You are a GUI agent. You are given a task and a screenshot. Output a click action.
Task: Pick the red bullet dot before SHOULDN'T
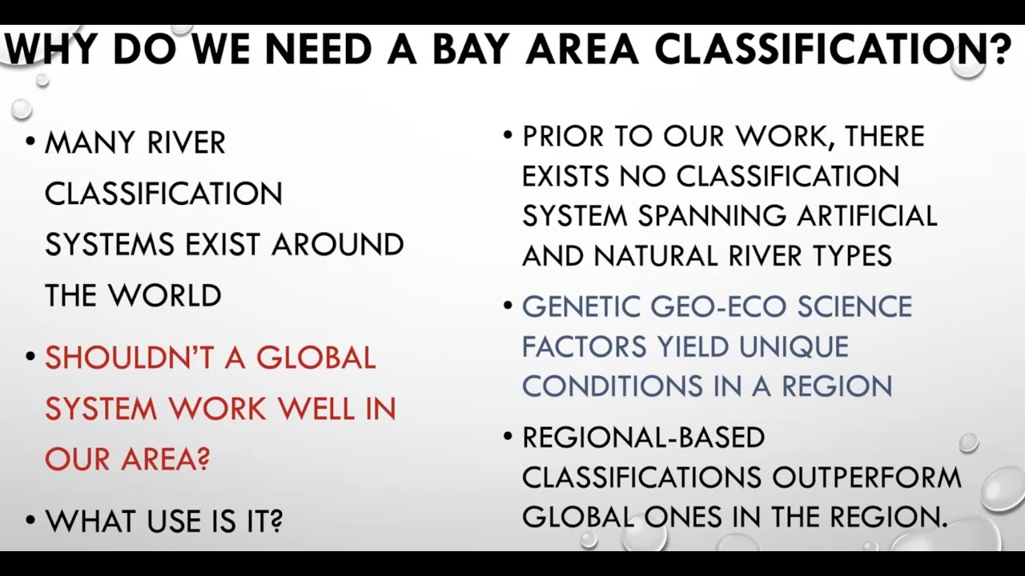coord(30,356)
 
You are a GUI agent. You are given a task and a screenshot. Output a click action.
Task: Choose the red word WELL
coord(320,409)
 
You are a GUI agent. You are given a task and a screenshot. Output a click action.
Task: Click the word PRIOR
coord(563,136)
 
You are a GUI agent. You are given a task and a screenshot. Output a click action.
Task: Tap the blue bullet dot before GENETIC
coord(508,305)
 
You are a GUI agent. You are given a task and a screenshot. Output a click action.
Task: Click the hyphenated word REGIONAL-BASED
coord(643,438)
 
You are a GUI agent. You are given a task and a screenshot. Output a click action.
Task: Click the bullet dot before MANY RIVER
coord(30,142)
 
